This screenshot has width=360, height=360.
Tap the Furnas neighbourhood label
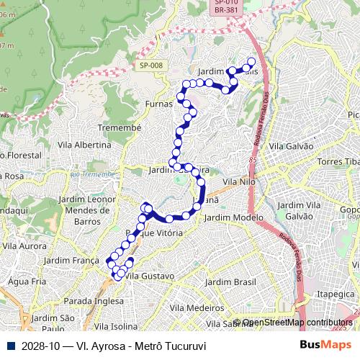(159, 103)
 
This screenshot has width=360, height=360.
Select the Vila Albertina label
(84, 145)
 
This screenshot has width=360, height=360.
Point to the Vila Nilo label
(240, 183)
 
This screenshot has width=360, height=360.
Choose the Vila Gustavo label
(150, 276)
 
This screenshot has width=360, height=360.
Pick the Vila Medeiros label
(197, 307)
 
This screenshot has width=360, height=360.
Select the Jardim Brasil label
(230, 282)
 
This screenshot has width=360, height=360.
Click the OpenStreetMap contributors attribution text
(297, 323)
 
